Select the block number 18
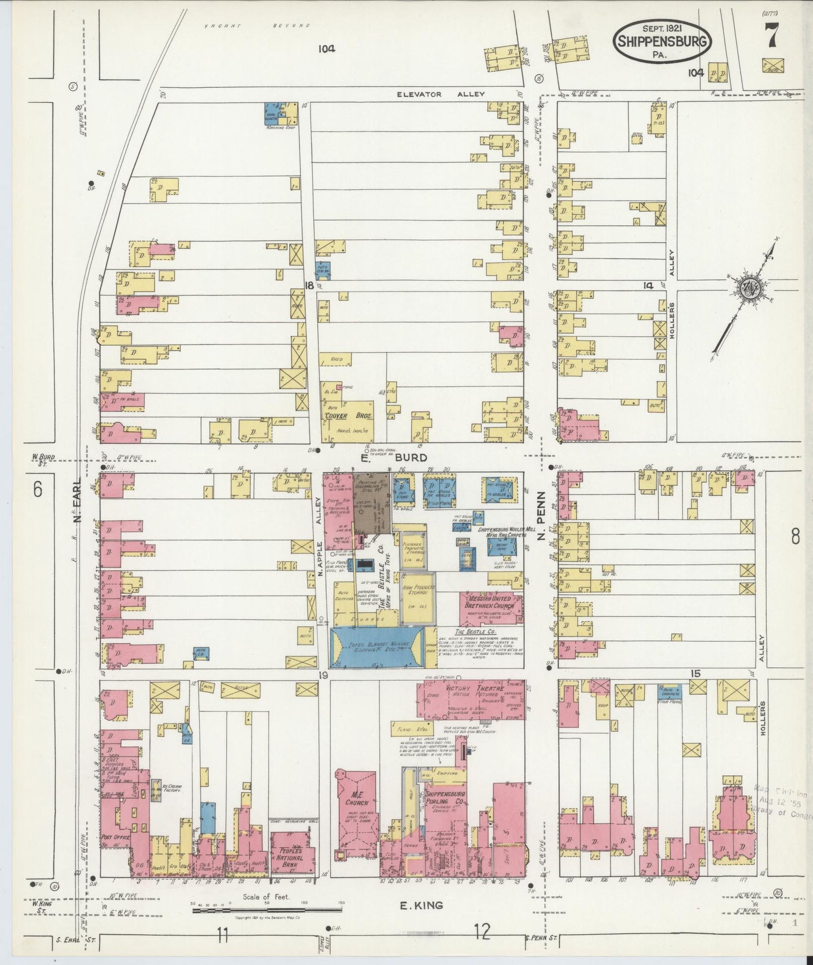[x=308, y=285]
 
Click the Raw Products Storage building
[x=417, y=598]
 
